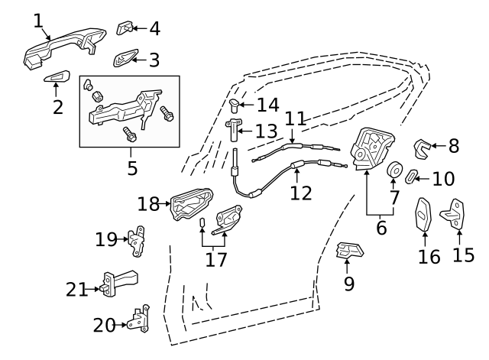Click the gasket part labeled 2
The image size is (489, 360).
pyautogui.click(x=57, y=78)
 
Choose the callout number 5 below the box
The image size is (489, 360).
pyautogui.click(x=131, y=167)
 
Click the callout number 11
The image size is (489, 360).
pyautogui.click(x=296, y=118)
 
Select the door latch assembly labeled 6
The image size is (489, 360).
pyautogui.click(x=372, y=149)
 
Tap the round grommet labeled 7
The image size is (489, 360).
pyautogui.click(x=395, y=170)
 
